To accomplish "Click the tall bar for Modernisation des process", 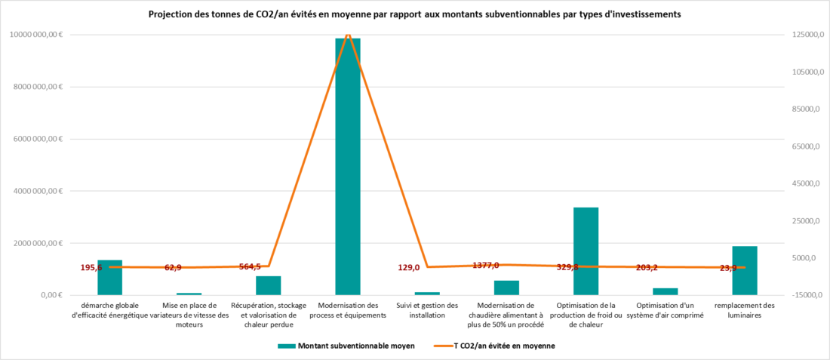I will [x=348, y=166].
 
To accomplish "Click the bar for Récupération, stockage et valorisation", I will [x=268, y=285].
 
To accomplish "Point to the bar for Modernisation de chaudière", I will [x=506, y=288].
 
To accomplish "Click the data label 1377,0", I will [x=486, y=265].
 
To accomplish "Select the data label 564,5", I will [x=250, y=266].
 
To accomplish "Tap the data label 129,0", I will [x=409, y=267].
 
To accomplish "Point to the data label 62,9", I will [x=173, y=268].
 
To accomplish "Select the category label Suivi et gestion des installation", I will [x=427, y=310].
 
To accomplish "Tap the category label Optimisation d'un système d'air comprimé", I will [x=665, y=310].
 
